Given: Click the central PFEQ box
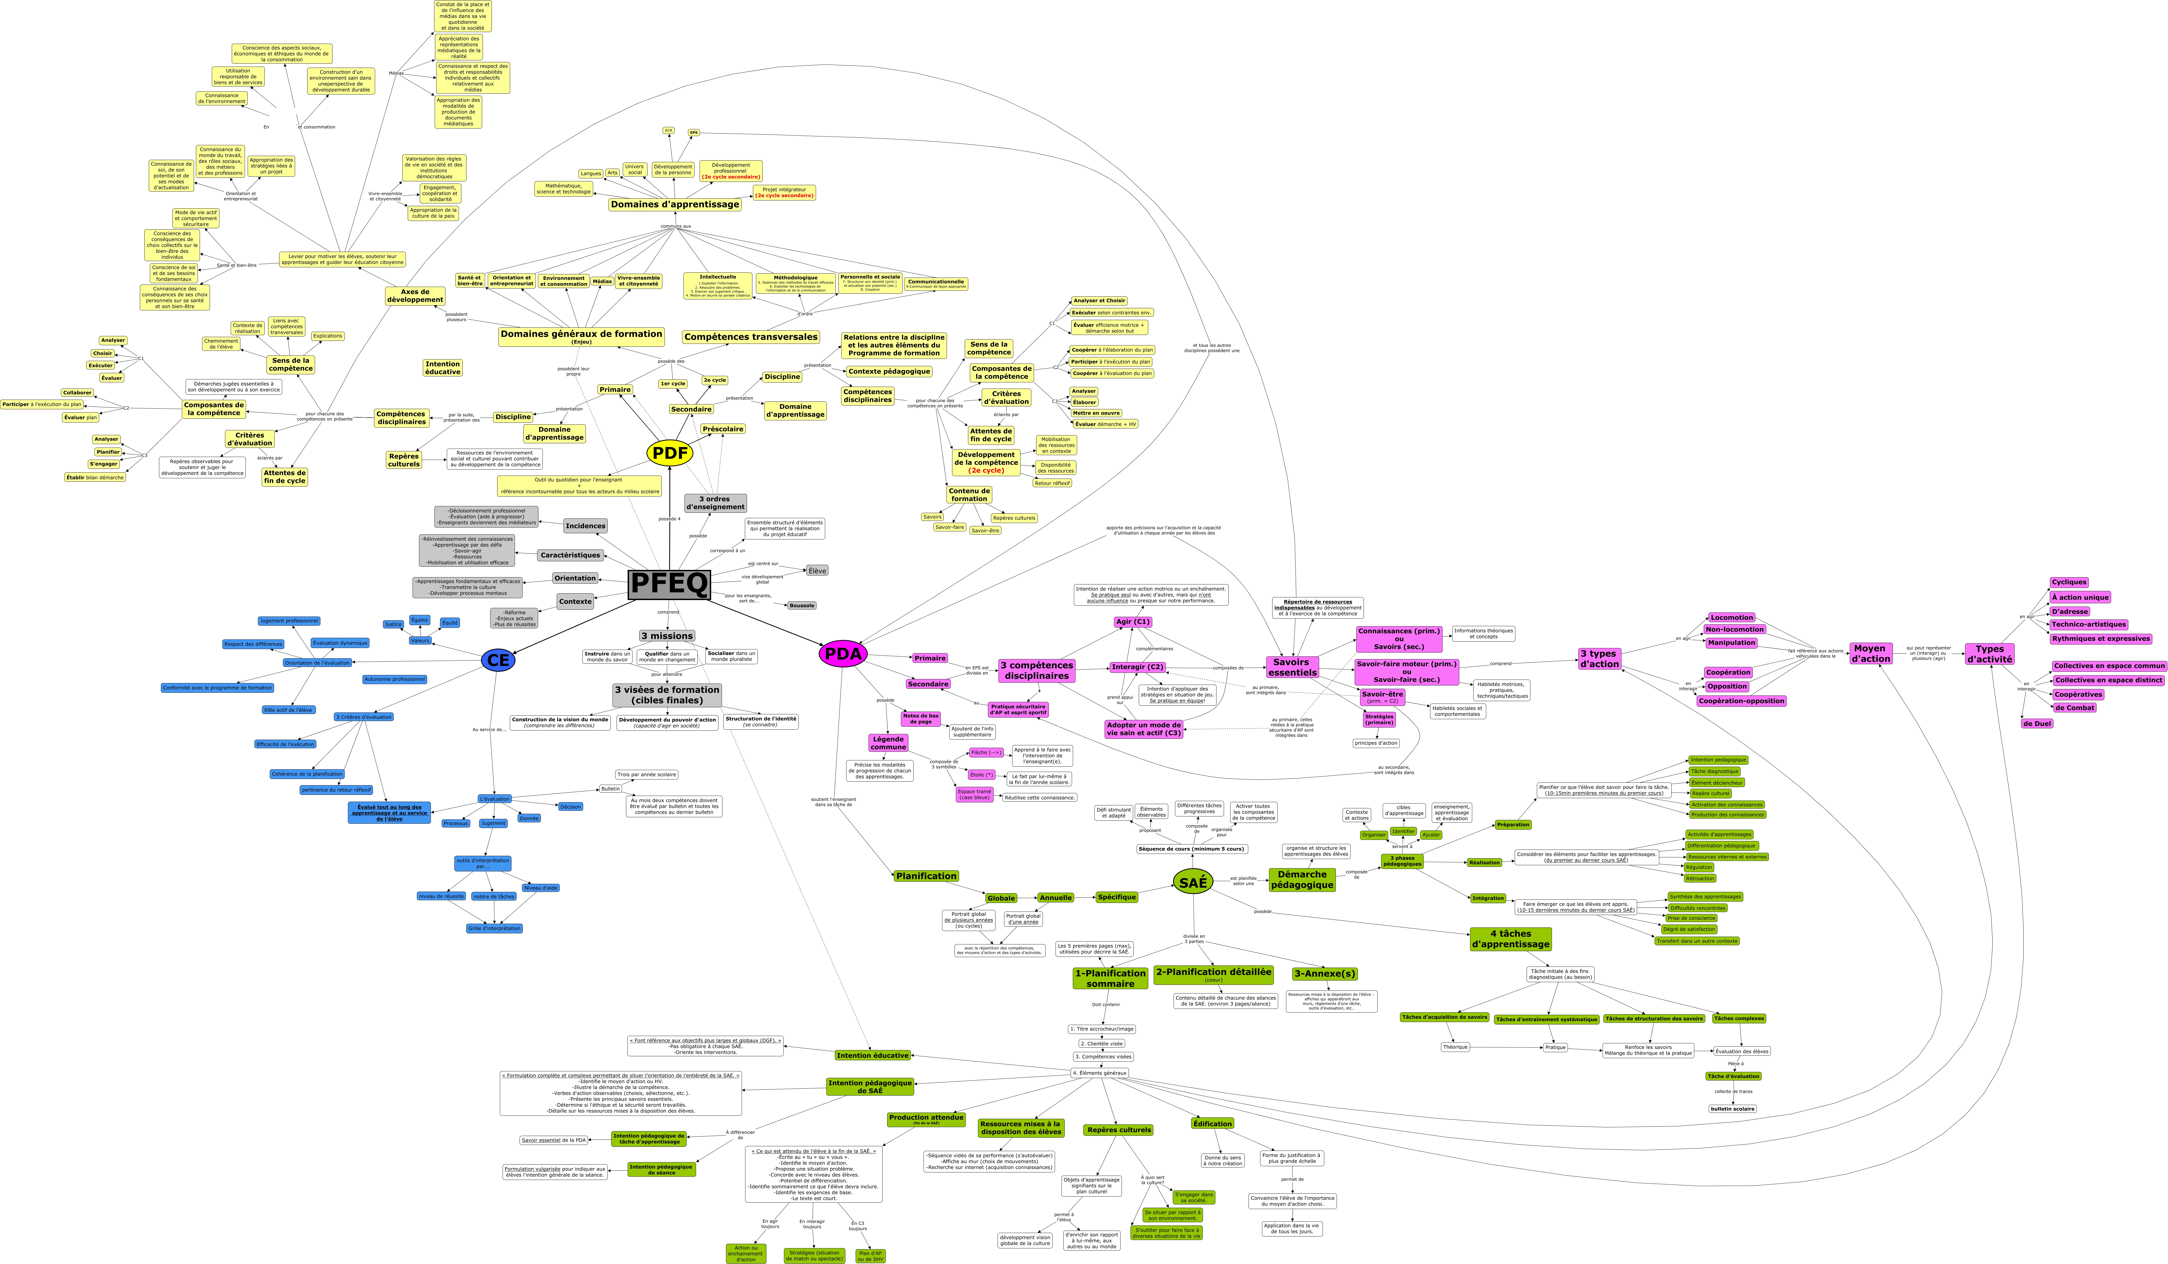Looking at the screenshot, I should tap(669, 584).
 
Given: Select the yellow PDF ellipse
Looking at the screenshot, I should tap(669, 453).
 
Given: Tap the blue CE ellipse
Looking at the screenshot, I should tap(498, 660).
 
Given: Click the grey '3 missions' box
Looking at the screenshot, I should tap(667, 636).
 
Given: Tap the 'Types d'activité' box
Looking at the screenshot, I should tap(1989, 654).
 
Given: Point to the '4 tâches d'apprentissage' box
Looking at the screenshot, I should tap(1511, 939).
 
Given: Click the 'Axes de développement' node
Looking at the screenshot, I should tap(415, 296).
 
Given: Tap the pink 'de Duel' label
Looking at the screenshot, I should tap(2036, 724).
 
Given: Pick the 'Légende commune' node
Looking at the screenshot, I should tap(888, 743).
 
